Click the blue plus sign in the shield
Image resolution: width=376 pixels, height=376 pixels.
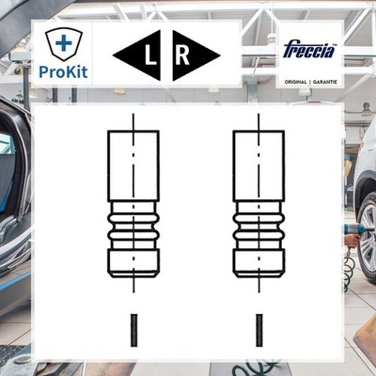tap(64, 43)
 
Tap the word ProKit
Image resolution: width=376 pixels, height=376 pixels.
tap(63, 71)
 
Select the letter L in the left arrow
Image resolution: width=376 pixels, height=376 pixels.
tap(150, 56)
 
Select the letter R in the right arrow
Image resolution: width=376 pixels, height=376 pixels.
tap(182, 56)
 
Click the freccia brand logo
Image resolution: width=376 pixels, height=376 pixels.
tap(309, 51)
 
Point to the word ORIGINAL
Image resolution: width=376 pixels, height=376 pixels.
tap(295, 82)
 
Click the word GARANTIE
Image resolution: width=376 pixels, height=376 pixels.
tap(324, 82)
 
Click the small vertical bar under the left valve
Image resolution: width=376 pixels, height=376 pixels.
tap(133, 330)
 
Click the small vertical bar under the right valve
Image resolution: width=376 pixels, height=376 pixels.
tap(259, 330)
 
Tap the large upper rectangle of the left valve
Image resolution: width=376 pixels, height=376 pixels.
tap(133, 166)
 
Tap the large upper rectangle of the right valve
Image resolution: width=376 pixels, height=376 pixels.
tap(258, 166)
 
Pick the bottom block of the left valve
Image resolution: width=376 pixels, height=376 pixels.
tap(133, 263)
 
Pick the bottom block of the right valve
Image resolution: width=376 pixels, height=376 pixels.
tap(258, 263)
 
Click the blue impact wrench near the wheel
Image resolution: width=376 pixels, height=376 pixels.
tap(353, 229)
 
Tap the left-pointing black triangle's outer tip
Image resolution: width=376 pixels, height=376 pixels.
tap(113, 56)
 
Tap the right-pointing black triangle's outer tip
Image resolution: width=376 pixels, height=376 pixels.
tap(220, 56)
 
